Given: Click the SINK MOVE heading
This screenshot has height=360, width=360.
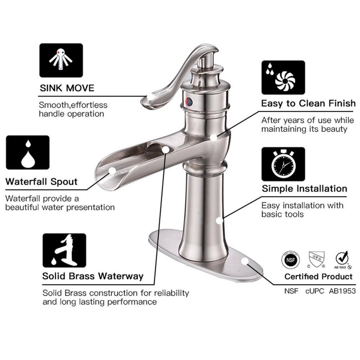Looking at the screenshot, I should point(67,88).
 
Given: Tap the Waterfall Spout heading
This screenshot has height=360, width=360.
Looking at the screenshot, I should point(41,181).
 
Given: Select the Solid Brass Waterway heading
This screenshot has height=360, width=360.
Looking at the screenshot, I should point(93,276).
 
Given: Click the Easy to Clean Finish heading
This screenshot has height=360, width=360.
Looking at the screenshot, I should point(308,104).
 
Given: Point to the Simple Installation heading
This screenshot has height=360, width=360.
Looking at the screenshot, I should point(304,188).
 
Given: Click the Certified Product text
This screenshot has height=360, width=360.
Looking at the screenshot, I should point(318,276).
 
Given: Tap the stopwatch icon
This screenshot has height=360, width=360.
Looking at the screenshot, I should point(283,164).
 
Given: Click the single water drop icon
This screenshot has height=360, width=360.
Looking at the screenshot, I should point(28,153).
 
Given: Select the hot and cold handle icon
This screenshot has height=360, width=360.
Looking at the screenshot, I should point(61,60).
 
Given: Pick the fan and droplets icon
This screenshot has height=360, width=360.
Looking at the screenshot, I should point(283,77).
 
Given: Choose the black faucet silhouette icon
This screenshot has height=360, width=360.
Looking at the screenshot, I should point(64,250).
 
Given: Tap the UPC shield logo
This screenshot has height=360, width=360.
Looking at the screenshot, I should point(316,260).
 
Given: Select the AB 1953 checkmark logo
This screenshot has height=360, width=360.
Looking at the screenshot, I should point(342,260).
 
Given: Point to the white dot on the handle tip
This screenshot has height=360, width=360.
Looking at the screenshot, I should point(151,96).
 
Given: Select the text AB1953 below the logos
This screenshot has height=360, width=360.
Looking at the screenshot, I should point(342,291).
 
